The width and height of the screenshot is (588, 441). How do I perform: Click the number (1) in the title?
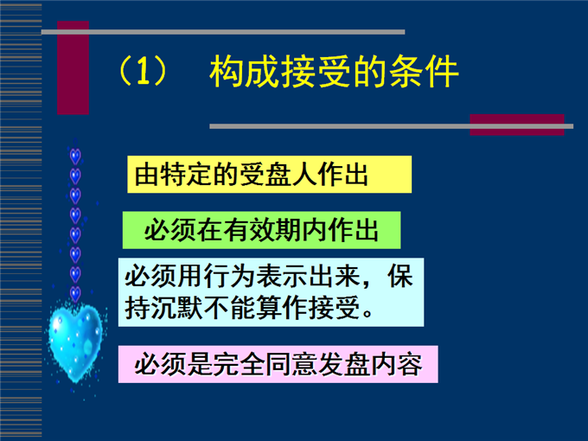click(x=143, y=71)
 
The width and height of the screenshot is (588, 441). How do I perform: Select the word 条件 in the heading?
click(x=424, y=71)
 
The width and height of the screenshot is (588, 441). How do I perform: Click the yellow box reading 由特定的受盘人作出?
click(x=269, y=175)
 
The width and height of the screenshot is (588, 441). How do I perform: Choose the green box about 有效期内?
click(x=261, y=230)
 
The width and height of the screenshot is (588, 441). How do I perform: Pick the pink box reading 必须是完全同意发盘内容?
click(x=278, y=364)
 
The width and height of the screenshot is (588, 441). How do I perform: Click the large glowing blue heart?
click(x=76, y=342)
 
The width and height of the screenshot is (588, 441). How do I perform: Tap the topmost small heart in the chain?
click(x=75, y=156)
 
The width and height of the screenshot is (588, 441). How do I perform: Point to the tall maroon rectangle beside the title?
click(x=73, y=67)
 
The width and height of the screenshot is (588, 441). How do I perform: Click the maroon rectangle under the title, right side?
click(x=517, y=125)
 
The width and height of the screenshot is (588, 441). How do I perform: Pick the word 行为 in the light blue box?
click(x=229, y=277)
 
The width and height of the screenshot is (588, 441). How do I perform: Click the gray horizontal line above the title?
click(x=223, y=32)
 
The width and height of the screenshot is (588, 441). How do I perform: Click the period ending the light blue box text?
click(x=367, y=314)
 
